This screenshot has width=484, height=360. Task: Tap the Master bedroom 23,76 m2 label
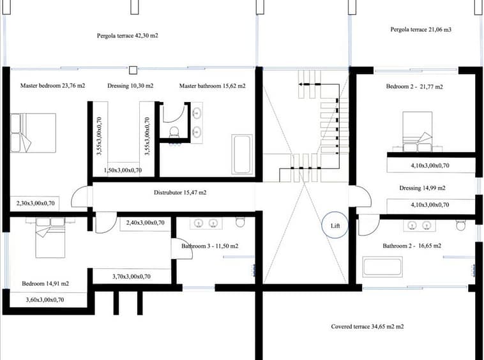[x=52, y=86]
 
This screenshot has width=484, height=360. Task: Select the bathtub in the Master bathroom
[x=242, y=154]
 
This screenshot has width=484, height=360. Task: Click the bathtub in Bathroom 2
[x=382, y=267]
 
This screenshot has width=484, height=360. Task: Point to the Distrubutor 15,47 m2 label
[x=180, y=193]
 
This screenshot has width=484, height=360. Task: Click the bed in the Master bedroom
[x=33, y=133]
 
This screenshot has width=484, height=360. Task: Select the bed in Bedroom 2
[x=418, y=132]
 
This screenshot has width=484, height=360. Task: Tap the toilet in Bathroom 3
[x=240, y=221]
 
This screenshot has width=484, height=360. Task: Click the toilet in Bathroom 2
[x=460, y=225]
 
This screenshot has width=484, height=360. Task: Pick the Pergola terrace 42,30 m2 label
[x=128, y=36]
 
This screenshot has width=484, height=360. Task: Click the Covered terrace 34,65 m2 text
[x=367, y=326]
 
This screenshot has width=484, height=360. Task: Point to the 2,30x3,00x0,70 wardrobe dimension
[x=36, y=203]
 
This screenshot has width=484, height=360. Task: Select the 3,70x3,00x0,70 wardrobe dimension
[x=132, y=276]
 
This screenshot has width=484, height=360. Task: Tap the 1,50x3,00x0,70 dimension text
[x=123, y=170]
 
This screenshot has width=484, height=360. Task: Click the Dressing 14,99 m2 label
[x=422, y=188]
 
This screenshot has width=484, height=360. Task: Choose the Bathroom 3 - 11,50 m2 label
[x=210, y=246]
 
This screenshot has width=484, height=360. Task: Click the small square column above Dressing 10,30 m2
[x=133, y=70]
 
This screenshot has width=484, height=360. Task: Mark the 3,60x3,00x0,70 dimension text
[x=45, y=299]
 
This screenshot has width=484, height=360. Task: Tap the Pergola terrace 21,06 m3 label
[x=421, y=29]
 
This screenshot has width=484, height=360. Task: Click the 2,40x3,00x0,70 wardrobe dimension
[x=146, y=223]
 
